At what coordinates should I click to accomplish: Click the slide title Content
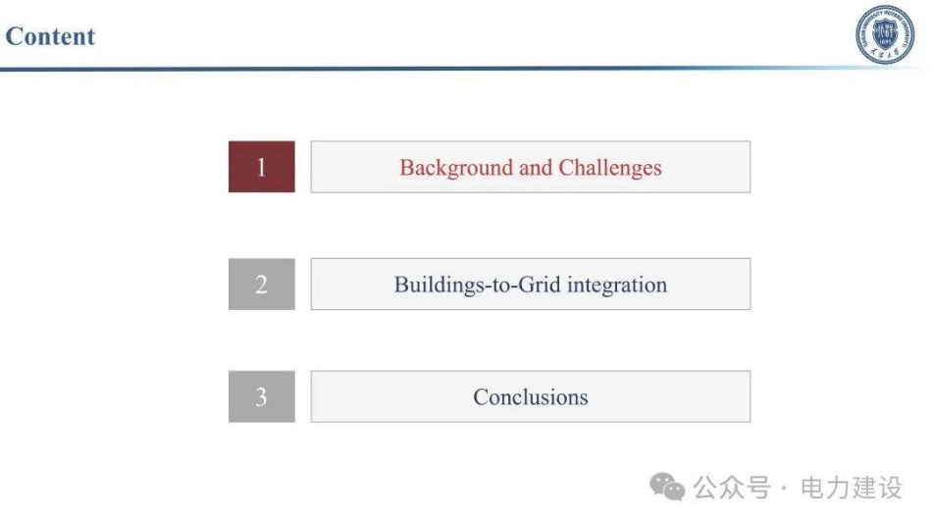pos(50,36)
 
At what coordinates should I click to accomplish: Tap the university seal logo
pos(885,34)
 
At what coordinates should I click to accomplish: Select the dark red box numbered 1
pos(262,167)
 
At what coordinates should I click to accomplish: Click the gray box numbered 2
pos(262,285)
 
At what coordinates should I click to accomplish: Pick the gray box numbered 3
pos(262,396)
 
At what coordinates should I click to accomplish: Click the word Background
pos(456,168)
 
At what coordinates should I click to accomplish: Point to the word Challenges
pos(610,168)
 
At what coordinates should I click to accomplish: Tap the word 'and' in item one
pos(536,168)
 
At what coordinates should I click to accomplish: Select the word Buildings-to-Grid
pos(478,285)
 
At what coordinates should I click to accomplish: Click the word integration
pos(617,286)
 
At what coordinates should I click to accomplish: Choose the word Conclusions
pos(530,397)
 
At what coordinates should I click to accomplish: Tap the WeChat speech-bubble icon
pos(667,487)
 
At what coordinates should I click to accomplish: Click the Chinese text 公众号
pos(732,488)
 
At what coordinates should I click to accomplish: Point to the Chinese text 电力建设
pos(852,488)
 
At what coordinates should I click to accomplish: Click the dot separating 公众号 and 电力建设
pos(785,488)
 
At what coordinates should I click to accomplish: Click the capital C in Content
pos(14,36)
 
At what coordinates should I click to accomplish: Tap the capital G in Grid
pos(527,285)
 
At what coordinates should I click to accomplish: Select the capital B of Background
pos(407,168)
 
